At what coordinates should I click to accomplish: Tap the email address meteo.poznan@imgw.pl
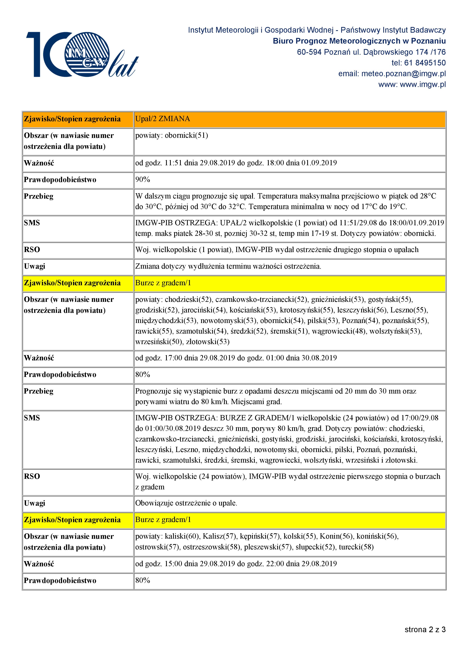(403, 74)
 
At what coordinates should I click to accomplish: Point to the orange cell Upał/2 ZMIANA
(163, 119)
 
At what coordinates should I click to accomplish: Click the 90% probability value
(143, 180)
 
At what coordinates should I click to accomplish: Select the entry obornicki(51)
(186, 135)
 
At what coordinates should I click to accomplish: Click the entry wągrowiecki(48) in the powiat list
(338, 331)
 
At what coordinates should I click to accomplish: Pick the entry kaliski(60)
(182, 536)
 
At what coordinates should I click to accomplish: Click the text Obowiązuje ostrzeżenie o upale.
(186, 503)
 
